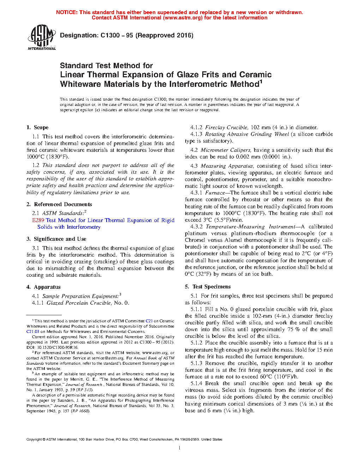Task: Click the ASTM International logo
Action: pos(42,37)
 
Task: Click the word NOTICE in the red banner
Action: pos(67,12)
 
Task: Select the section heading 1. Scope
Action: pos(37,127)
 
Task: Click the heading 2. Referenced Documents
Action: pos(59,204)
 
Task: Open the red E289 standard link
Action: pos(38,220)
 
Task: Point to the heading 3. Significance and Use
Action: pos(56,239)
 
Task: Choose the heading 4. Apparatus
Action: pos(43,287)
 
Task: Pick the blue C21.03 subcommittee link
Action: pos(33,331)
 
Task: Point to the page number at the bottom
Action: pos(180,448)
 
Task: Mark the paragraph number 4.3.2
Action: pos(197,227)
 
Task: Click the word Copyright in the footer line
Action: pos(34,440)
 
